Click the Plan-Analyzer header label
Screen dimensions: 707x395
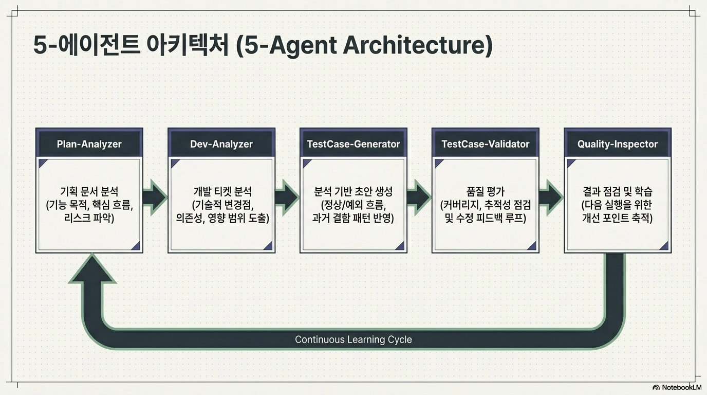click(89, 144)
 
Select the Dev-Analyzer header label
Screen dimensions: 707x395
click(221, 144)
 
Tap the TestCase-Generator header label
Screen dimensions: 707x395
click(353, 144)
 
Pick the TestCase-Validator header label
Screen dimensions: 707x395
click(486, 144)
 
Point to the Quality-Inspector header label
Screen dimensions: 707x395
click(618, 144)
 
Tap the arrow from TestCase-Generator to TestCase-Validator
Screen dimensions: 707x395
click(419, 197)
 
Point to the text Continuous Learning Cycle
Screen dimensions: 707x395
click(353, 339)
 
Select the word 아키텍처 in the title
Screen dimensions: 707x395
click(188, 45)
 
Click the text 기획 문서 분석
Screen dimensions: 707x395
click(89, 191)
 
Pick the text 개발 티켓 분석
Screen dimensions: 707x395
click(222, 191)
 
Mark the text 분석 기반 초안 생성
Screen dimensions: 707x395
click(353, 191)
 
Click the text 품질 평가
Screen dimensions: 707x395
click(486, 191)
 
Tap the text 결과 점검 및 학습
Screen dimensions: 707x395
click(618, 191)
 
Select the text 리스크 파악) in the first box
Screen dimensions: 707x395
click(89, 218)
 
